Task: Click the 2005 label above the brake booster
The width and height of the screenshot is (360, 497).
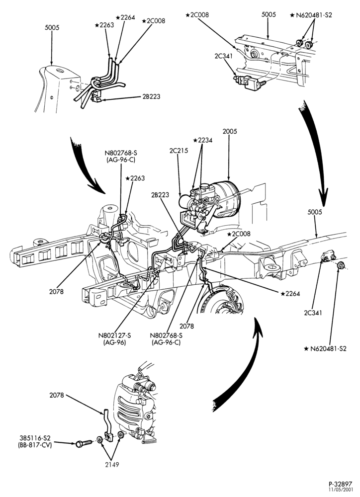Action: (x=230, y=131)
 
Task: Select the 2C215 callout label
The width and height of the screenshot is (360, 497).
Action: (x=179, y=151)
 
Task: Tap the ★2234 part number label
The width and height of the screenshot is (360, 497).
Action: (x=203, y=140)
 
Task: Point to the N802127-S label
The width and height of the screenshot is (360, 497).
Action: (x=115, y=335)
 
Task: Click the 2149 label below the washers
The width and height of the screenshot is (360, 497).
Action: (x=112, y=465)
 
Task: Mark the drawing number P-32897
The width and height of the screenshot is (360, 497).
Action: (x=340, y=484)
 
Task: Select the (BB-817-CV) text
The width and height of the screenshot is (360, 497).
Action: (x=35, y=444)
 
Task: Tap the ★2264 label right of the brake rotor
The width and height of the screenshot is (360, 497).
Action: (x=290, y=294)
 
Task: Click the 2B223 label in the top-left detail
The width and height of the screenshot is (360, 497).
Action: (x=151, y=97)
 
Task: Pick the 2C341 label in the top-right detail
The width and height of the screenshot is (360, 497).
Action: (x=224, y=57)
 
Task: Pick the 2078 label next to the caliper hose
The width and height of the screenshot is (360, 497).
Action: (x=57, y=395)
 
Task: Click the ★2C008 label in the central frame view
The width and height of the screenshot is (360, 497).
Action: (x=239, y=234)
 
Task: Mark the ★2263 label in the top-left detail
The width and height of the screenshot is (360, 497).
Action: (x=104, y=25)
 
